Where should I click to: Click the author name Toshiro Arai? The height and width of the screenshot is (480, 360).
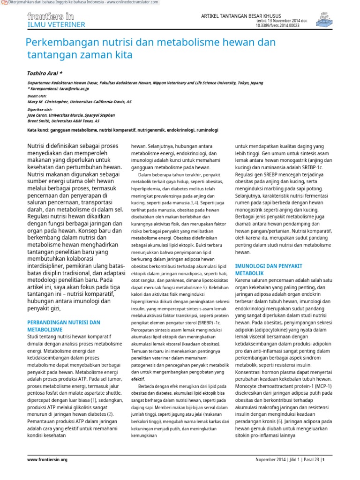click(44, 74)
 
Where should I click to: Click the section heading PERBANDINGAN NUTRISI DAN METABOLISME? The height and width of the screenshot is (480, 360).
click(64, 326)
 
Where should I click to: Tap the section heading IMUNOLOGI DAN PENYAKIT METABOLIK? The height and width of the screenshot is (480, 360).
click(267, 269)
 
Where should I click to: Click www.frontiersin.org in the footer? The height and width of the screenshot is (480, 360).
click(47, 460)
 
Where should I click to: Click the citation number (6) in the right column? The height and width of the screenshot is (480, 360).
click(279, 421)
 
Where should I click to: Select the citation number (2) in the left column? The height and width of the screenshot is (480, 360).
click(110, 414)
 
